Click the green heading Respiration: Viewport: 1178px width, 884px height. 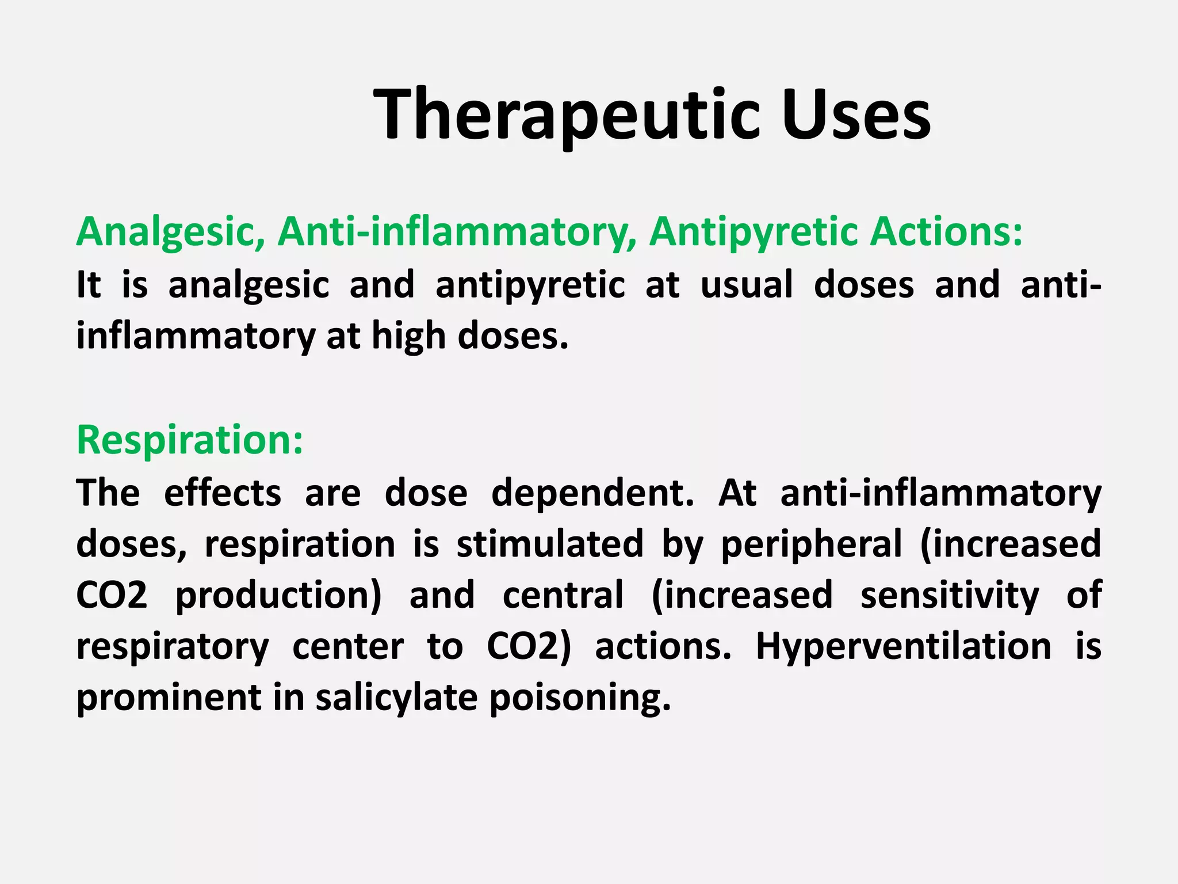pos(190,440)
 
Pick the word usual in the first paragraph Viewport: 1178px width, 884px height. pos(747,284)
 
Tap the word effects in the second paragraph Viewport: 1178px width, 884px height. pos(223,493)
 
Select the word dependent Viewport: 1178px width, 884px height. pos(593,493)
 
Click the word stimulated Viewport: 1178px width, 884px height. pos(550,544)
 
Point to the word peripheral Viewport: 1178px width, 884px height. pos(812,544)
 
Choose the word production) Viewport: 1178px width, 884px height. pos(278,595)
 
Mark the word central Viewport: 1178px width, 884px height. pos(563,595)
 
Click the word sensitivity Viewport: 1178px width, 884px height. pos(950,595)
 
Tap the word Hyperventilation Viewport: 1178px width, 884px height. pos(903,646)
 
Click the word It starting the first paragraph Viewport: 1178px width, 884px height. pos(89,284)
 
